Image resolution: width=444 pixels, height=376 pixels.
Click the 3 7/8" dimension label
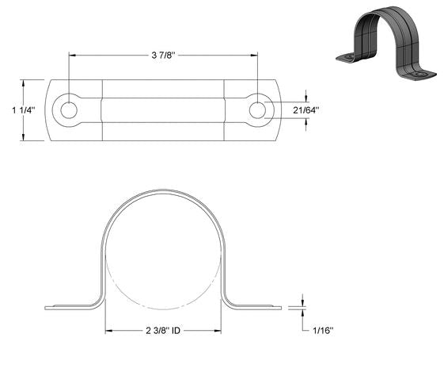pyautogui.click(x=163, y=55)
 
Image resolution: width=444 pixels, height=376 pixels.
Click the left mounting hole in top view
pyautogui.click(x=70, y=110)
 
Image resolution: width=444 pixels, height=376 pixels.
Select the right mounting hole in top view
pyautogui.click(x=257, y=110)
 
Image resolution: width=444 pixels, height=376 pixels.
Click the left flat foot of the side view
pyautogui.click(x=71, y=306)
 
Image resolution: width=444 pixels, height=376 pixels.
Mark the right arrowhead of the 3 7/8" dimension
pyautogui.click(x=254, y=55)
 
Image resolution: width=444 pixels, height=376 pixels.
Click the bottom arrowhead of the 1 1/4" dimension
pyautogui.click(x=25, y=138)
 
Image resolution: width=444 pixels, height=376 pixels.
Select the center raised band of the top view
pyautogui.click(x=164, y=110)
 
